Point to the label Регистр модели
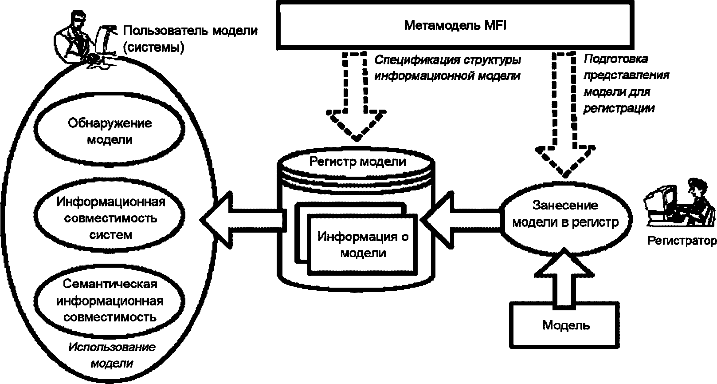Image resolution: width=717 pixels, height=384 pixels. click(357, 162)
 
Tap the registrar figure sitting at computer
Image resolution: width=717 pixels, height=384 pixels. click(679, 204)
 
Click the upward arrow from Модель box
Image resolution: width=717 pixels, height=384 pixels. click(564, 278)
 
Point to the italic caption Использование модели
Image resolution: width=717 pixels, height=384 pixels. click(112, 355)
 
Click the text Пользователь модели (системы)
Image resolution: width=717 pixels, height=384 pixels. click(190, 39)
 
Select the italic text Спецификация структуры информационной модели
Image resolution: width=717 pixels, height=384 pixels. click(447, 68)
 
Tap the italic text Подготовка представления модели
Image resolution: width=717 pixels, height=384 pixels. click(626, 83)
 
